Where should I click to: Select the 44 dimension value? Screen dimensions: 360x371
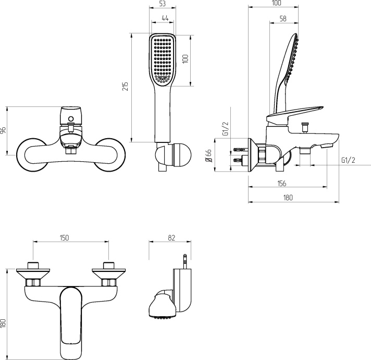click(x=165, y=18)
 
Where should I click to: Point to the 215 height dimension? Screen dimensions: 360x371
click(x=125, y=87)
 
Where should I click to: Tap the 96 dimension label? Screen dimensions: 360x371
click(x=3, y=131)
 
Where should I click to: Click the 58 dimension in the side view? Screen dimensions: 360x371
click(x=283, y=18)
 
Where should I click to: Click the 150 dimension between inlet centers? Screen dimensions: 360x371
click(x=64, y=237)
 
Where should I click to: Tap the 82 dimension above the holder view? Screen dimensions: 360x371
click(x=172, y=237)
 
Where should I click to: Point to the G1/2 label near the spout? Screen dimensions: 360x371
click(x=348, y=160)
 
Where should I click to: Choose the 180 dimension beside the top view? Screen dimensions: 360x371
click(x=3, y=323)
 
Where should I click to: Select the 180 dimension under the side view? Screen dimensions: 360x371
click(x=288, y=197)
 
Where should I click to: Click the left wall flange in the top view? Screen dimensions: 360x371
click(x=33, y=272)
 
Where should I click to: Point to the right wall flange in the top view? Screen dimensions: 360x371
click(x=108, y=272)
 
